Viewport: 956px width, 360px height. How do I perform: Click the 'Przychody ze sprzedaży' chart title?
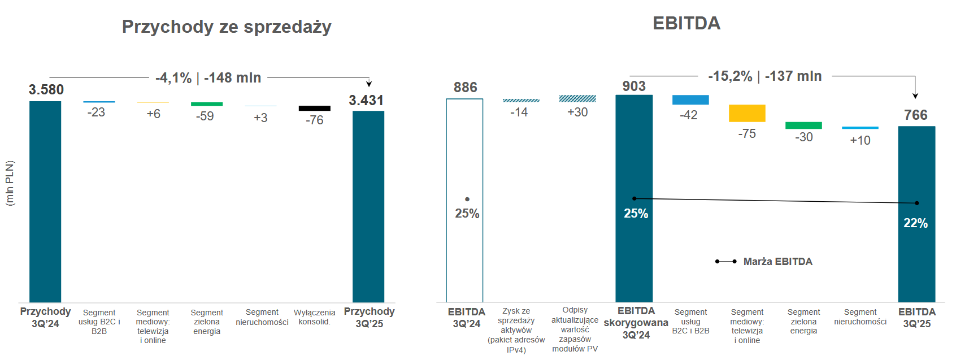pyautogui.click(x=227, y=27)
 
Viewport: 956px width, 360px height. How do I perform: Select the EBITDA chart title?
pyautogui.click(x=686, y=23)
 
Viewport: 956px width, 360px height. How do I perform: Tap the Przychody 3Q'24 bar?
pyautogui.click(x=45, y=201)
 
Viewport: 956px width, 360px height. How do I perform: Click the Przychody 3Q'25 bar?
pyautogui.click(x=368, y=206)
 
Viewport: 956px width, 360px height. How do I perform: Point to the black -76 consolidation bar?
pyautogui.click(x=314, y=108)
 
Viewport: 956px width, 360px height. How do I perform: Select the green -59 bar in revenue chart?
pyautogui.click(x=207, y=104)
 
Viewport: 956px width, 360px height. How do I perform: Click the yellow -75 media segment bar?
pyautogui.click(x=747, y=113)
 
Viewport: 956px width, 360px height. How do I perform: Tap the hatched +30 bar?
pyautogui.click(x=577, y=98)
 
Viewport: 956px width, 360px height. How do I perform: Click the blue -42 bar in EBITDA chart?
pyautogui.click(x=690, y=99)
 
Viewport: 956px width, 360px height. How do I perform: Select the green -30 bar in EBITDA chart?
pyautogui.click(x=803, y=125)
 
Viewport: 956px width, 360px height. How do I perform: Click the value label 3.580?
pyautogui.click(x=46, y=89)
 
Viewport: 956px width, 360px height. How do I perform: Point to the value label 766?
pyautogui.click(x=916, y=115)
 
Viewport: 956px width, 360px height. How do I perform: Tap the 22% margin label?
pyautogui.click(x=915, y=223)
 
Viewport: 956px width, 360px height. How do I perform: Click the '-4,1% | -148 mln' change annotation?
pyautogui.click(x=208, y=77)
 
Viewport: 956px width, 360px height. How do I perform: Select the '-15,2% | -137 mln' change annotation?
pyautogui.click(x=765, y=76)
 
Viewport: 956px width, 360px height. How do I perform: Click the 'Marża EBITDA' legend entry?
pyautogui.click(x=777, y=262)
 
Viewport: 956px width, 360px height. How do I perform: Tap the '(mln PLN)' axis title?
pyautogui.click(x=10, y=183)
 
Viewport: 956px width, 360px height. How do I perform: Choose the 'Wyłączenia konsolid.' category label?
pyautogui.click(x=314, y=317)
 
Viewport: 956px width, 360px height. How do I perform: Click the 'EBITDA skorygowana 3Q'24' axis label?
pyautogui.click(x=636, y=323)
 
